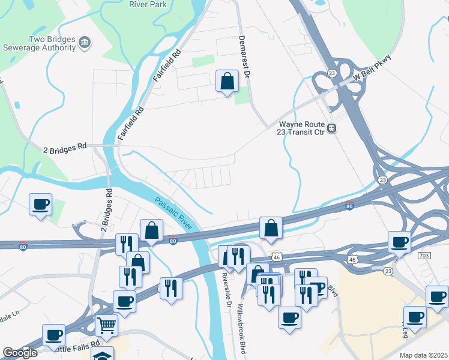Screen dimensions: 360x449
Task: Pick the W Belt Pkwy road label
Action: [x=372, y=68]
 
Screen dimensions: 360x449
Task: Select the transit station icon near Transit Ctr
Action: [x=331, y=128]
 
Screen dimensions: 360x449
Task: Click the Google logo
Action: [x=19, y=353]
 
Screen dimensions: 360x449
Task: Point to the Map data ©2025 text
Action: [x=424, y=355]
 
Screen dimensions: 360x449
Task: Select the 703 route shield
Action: [x=424, y=256]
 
